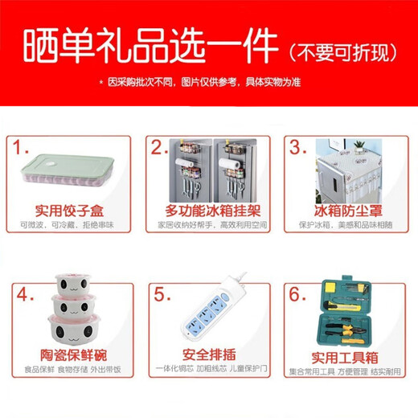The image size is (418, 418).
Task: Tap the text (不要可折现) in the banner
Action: [342, 47]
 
